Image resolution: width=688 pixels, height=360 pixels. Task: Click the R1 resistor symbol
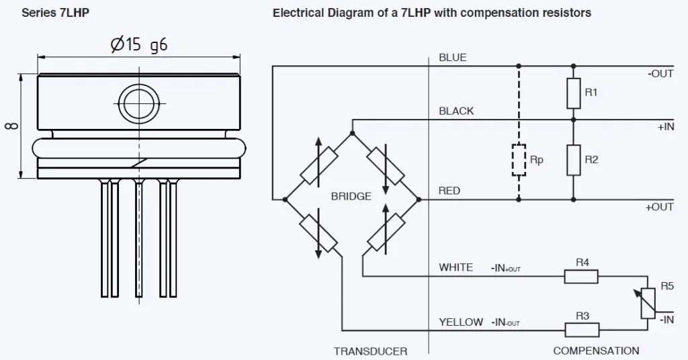point(573,93)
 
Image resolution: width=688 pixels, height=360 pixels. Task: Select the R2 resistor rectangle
point(573,160)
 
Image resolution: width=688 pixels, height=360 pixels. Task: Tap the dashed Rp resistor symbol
point(518,160)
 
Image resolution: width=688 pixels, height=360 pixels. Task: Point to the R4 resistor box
point(582,275)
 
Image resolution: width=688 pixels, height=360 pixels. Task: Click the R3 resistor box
point(582,330)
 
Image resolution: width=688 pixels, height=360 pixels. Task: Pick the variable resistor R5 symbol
point(647,304)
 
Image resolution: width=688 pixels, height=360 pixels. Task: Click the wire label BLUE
point(452,58)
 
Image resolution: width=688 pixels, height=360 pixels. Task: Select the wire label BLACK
point(456,111)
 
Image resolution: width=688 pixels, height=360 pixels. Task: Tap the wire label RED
point(449,191)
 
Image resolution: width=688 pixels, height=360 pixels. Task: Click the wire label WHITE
point(456,267)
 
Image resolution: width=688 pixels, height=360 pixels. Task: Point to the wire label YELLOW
point(460,322)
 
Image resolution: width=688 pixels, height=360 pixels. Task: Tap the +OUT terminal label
point(659,208)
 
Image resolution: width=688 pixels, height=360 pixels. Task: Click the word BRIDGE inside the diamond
point(351,196)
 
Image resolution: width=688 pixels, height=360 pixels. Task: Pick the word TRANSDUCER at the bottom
point(370,351)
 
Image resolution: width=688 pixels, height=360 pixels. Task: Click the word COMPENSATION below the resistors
point(596,351)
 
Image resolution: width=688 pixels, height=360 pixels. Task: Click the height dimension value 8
point(13,126)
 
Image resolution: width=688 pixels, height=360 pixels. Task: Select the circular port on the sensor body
point(140,103)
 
